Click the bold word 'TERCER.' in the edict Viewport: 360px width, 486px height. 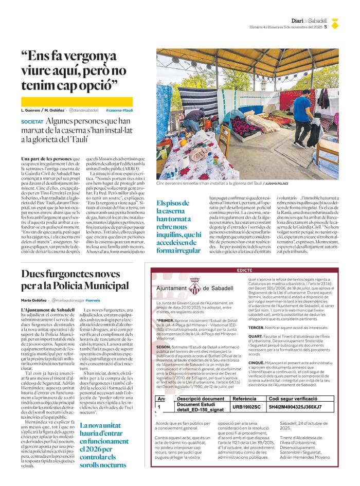[x=257, y=327]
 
